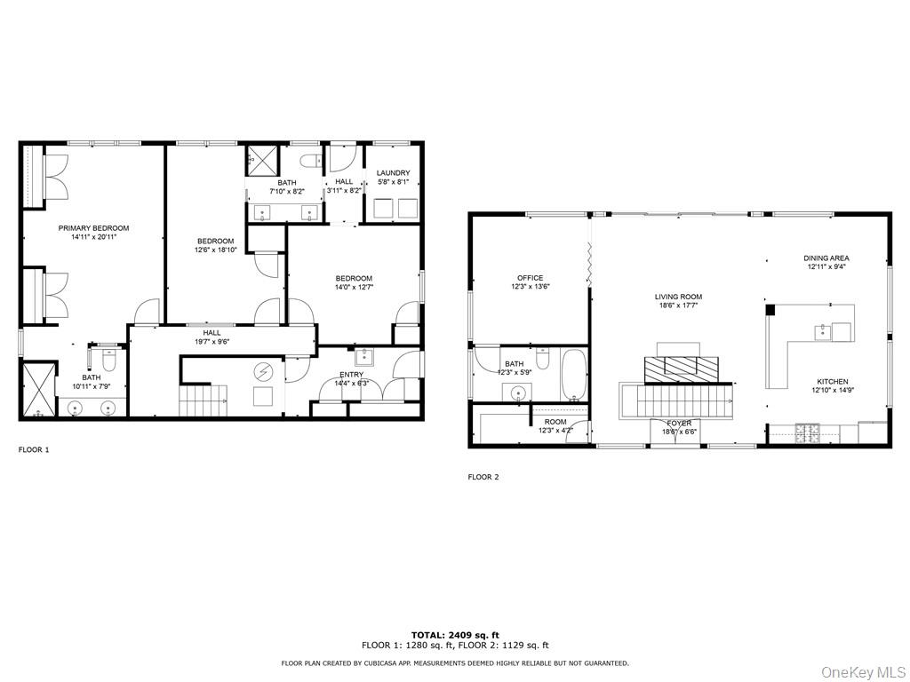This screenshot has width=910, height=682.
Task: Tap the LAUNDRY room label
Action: coord(393,173)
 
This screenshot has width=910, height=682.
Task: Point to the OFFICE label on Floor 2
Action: coord(530,278)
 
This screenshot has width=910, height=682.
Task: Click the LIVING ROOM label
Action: coord(678,297)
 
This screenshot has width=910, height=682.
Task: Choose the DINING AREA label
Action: coord(826,258)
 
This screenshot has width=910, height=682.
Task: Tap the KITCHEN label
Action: coord(833,381)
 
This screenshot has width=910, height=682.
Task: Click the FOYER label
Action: coord(679,424)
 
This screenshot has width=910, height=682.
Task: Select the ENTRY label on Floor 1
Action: coord(351,375)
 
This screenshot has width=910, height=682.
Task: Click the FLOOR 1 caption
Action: coord(34,450)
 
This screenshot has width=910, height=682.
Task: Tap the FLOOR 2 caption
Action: coord(483,477)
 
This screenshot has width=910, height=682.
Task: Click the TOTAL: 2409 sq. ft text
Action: coord(454,635)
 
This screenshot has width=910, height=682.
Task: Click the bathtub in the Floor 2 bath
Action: coord(574,374)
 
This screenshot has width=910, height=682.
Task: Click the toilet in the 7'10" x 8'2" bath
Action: coord(312,161)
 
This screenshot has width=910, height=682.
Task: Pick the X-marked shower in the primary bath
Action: coord(37,389)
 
